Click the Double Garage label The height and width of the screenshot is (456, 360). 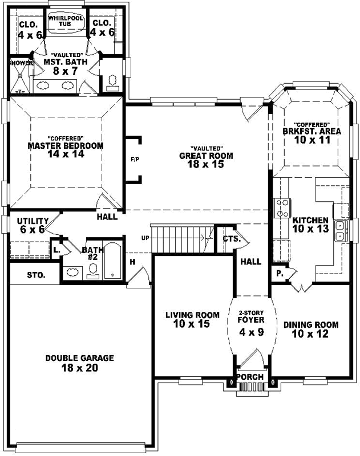[x=79, y=358]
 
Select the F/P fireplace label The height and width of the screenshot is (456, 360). [x=135, y=160]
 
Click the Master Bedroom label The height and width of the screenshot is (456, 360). [x=66, y=145]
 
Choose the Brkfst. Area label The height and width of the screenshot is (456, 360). [x=312, y=131]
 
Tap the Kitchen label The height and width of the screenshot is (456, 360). [x=310, y=220]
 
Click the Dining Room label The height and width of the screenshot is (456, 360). [x=310, y=325]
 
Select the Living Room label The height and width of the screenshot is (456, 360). [x=192, y=315]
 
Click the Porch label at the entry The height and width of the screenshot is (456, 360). [x=250, y=377]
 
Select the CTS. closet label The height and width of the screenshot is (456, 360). [x=230, y=239]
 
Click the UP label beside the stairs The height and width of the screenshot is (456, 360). [x=146, y=237]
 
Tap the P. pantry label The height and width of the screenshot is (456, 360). [x=280, y=273]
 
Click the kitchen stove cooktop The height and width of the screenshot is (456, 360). [x=282, y=208]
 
